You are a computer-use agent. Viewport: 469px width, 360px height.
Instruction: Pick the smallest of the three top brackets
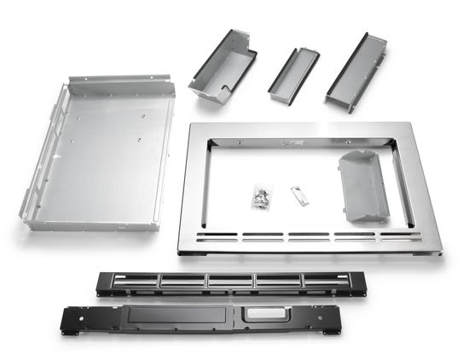pyautogui.click(x=293, y=74)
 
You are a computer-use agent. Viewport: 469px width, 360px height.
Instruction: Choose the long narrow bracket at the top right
pyautogui.click(x=356, y=69)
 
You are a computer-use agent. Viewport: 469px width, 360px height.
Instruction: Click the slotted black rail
pyautogui.click(x=223, y=282)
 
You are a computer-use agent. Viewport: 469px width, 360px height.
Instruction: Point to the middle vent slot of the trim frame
pyautogui.click(x=310, y=237)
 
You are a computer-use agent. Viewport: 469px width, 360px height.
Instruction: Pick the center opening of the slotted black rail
pyautogui.click(x=230, y=280)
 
